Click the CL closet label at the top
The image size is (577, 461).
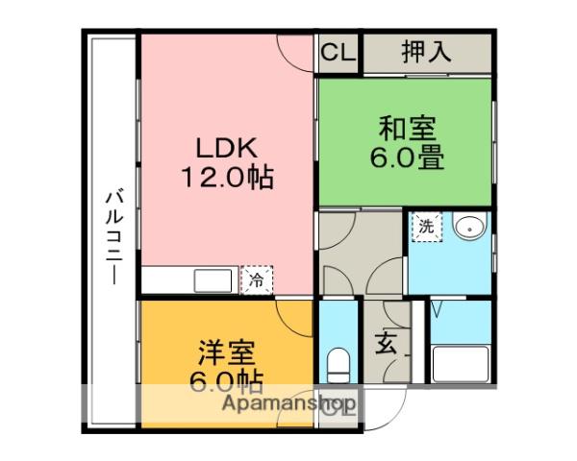click(x=339, y=52)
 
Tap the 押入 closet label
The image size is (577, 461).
click(x=426, y=52)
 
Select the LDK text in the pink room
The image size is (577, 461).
click(x=226, y=148)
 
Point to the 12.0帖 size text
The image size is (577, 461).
click(x=227, y=177)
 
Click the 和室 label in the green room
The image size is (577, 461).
click(x=407, y=128)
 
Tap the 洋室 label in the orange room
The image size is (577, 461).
click(x=226, y=352)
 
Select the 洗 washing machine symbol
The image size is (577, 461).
click(x=427, y=227)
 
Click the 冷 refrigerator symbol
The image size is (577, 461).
click(x=257, y=280)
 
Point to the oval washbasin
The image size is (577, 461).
click(x=470, y=228)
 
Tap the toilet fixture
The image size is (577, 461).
click(x=339, y=365)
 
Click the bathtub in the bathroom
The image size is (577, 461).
click(x=461, y=364)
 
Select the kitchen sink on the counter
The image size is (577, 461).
click(x=213, y=280)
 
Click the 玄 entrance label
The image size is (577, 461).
click(x=386, y=344)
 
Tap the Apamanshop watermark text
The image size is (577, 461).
click(x=288, y=404)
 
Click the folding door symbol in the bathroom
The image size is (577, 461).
click(x=437, y=309)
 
